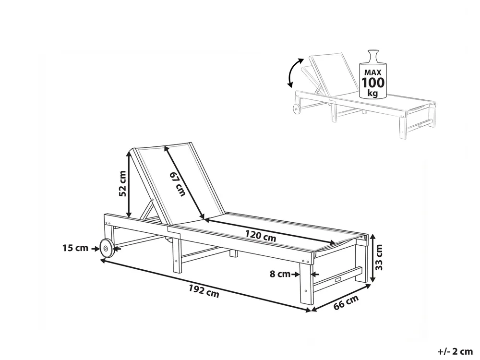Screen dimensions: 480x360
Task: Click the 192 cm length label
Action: click(x=204, y=291)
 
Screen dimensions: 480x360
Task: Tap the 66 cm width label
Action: click(x=346, y=302)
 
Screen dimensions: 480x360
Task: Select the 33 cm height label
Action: click(x=379, y=257)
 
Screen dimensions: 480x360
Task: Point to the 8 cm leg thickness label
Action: click(x=280, y=274)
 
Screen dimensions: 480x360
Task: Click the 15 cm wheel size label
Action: click(x=75, y=248)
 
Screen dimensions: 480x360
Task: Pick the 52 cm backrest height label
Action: click(x=122, y=183)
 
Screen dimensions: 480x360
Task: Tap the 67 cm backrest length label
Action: click(x=178, y=184)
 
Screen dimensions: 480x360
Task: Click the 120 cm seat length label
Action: click(x=261, y=236)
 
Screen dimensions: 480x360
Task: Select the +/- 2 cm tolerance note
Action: click(x=455, y=351)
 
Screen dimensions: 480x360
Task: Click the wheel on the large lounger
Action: click(x=106, y=248)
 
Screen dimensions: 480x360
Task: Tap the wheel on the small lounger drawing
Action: click(x=297, y=109)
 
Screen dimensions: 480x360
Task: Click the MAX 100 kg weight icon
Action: click(x=372, y=74)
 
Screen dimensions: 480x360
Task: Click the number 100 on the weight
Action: click(x=373, y=83)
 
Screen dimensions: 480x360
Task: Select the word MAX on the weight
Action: click(x=372, y=72)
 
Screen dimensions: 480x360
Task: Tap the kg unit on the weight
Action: click(x=372, y=93)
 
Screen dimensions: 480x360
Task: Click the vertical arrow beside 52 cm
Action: click(x=129, y=185)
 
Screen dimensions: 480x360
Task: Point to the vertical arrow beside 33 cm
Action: click(x=372, y=258)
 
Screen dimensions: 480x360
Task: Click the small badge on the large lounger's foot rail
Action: click(x=338, y=279)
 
